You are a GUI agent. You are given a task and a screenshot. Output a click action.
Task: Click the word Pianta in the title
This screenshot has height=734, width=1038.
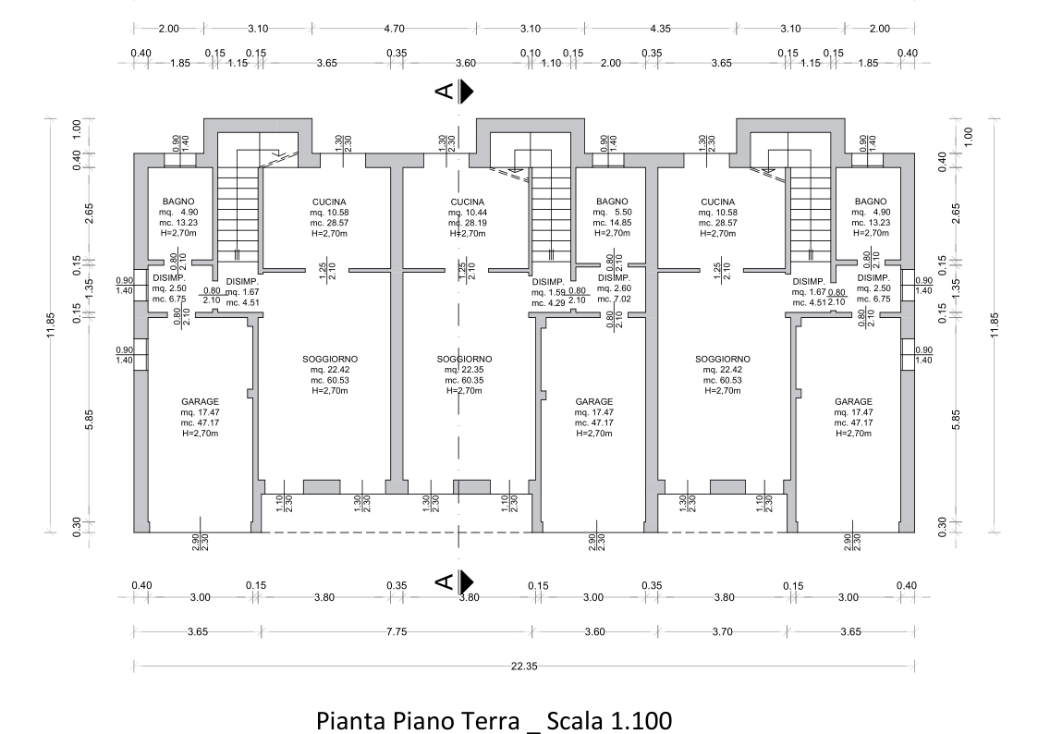coord(351,720)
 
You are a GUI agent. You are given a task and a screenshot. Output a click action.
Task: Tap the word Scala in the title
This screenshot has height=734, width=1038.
coord(574,720)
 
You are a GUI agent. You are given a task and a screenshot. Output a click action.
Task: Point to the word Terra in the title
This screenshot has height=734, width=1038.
coord(489,720)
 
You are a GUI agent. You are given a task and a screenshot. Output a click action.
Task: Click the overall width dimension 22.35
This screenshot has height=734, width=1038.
coord(524,667)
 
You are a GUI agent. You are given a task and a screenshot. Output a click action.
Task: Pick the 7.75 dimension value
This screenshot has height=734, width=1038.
coord(397,631)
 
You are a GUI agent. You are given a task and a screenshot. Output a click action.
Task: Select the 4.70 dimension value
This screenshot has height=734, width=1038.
coord(394,29)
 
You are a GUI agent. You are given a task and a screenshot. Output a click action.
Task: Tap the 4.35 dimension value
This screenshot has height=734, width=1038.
coord(660,29)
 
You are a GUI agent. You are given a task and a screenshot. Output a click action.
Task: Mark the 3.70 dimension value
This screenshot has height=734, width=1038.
coord(722,631)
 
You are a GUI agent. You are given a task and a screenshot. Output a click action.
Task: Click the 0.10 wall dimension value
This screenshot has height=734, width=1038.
coord(531,53)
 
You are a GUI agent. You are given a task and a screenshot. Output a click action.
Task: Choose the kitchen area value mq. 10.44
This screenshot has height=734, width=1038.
coord(468,213)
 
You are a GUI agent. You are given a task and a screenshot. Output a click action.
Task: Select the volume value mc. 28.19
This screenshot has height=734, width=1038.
coord(468,223)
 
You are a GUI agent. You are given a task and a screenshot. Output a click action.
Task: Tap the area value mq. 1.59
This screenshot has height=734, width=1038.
coord(548,292)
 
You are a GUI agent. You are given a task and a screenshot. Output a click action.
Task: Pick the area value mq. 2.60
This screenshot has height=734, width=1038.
coord(615,288)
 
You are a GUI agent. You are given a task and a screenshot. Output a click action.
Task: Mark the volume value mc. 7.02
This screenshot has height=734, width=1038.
coord(615,300)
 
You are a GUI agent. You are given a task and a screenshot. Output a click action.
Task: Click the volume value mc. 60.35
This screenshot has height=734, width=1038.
coord(464,381)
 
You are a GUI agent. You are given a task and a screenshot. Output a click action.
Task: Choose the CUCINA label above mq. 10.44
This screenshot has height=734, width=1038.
coord(468,202)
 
